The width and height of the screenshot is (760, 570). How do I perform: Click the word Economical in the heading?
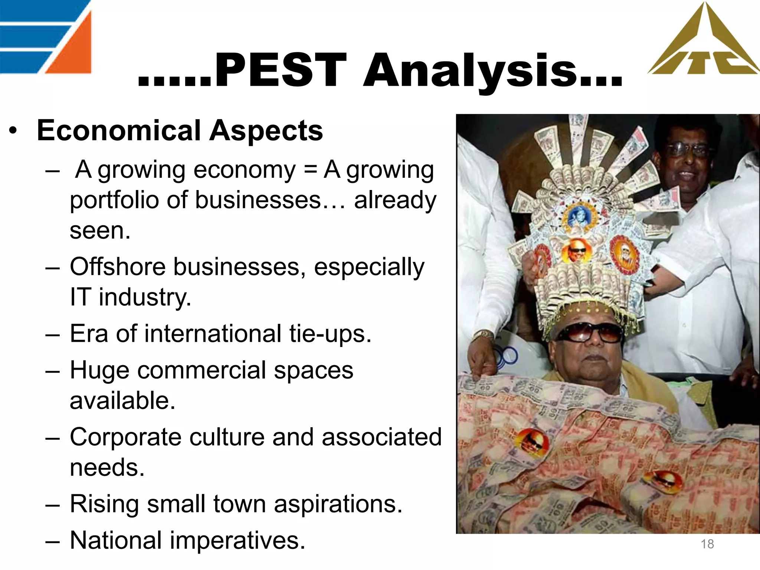(x=119, y=131)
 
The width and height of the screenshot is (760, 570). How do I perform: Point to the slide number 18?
(x=707, y=544)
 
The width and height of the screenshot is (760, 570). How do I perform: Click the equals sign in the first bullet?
(x=309, y=170)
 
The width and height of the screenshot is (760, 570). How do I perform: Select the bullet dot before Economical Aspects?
(x=13, y=131)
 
